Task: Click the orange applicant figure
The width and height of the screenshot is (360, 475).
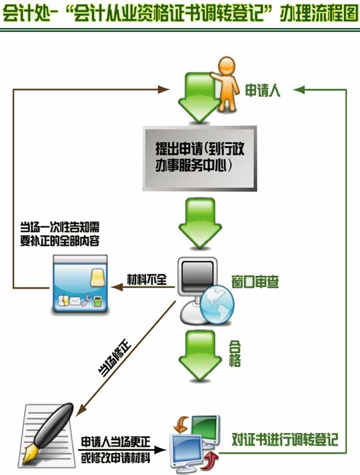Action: point(226,84)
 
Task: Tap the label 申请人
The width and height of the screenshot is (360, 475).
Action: point(263,91)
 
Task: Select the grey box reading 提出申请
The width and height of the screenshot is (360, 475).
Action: point(200,159)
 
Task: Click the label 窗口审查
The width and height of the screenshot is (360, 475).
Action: point(255,281)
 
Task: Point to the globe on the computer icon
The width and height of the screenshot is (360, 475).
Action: point(217,304)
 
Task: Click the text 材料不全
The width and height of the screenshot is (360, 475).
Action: point(147,279)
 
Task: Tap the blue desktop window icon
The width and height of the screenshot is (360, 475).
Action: point(80,284)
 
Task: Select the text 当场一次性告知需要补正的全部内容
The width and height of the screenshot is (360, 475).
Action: point(60,234)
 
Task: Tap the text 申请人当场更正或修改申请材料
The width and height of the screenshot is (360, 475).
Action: point(115,450)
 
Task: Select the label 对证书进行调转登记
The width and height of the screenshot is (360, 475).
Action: point(285,440)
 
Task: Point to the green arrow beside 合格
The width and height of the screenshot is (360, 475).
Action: point(200,356)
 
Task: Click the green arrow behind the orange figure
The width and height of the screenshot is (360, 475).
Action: point(199,97)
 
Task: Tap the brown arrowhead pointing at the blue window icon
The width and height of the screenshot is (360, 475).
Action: point(117,287)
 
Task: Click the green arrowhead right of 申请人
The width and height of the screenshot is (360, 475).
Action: point(299,89)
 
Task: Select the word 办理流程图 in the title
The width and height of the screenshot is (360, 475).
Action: point(319,13)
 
